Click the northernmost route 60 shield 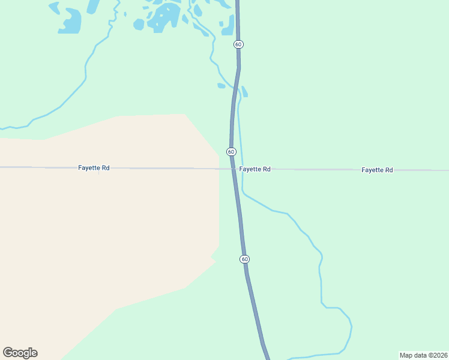click(x=238, y=44)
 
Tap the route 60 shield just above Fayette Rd click(x=231, y=152)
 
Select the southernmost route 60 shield click(x=244, y=259)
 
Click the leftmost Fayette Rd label click(x=94, y=168)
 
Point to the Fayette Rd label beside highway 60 click(x=255, y=169)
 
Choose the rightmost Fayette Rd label click(x=377, y=170)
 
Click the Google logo click(x=20, y=353)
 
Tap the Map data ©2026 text click(x=424, y=355)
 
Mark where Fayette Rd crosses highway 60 click(x=233, y=169)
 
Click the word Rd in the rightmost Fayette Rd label click(x=388, y=170)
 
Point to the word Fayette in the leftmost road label click(x=88, y=168)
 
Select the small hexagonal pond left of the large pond click(x=139, y=24)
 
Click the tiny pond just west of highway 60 click(x=221, y=86)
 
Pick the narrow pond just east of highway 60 click(x=244, y=91)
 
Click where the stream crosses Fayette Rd click(x=242, y=169)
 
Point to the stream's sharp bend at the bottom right click(x=351, y=328)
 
